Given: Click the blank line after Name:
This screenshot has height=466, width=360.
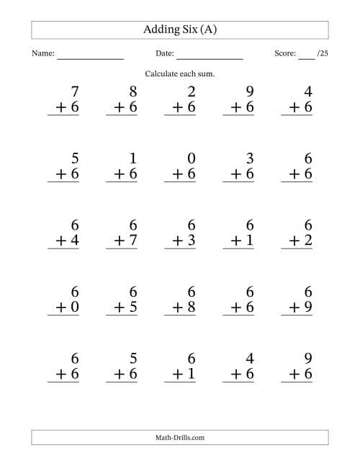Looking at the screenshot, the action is point(90,58).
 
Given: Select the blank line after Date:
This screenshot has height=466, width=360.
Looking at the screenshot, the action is point(210,58).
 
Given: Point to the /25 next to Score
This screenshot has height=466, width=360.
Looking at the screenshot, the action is point(322,54).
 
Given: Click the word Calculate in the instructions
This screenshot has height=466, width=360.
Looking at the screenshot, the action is point(163,74).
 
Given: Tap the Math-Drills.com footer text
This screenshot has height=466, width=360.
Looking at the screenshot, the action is point(180,437).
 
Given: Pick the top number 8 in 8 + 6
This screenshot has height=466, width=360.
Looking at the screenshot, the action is point(131,91).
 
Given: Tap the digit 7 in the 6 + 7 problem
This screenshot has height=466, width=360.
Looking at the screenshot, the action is point(131,240).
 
